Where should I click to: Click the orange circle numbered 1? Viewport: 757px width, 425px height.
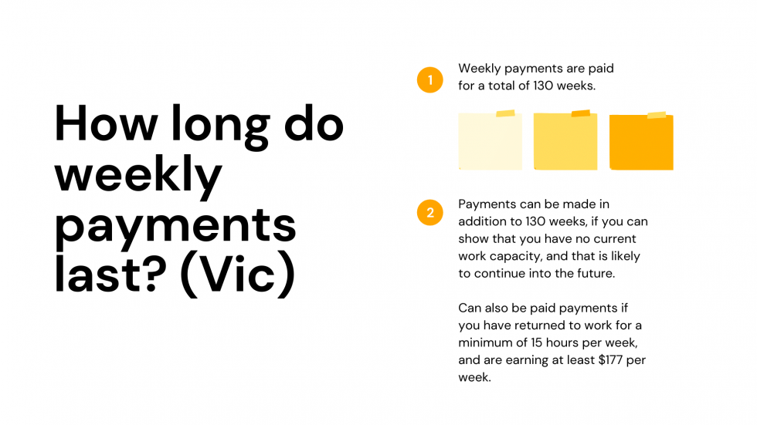coord(429,79)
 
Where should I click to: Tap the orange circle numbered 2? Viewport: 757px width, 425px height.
coord(429,212)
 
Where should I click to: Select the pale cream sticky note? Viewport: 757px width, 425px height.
coord(490,141)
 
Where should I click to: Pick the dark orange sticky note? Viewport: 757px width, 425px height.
coord(641,142)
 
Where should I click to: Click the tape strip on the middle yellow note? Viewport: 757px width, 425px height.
coord(580,114)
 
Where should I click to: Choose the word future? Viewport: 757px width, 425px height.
coord(598,274)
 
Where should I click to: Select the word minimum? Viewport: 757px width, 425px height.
coord(485,342)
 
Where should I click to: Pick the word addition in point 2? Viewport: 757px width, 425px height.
coord(482,222)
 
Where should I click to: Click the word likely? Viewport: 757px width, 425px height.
coord(623,256)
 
